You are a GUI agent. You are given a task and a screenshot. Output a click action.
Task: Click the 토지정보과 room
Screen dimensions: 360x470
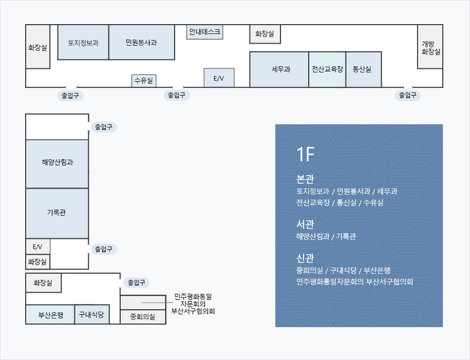click(83, 42)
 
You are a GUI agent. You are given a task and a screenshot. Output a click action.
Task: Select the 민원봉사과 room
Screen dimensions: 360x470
click(141, 42)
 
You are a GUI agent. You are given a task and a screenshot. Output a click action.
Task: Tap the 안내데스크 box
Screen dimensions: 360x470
click(204, 32)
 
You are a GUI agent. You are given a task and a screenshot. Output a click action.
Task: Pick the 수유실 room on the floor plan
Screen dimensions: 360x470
click(144, 81)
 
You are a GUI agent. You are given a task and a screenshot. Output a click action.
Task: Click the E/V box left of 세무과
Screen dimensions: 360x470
click(219, 78)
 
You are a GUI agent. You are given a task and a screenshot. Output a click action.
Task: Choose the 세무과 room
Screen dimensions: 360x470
click(279, 69)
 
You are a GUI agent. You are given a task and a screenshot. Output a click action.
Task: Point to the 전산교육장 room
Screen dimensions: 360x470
click(327, 69)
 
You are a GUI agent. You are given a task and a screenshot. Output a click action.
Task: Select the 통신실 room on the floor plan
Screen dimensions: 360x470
click(363, 69)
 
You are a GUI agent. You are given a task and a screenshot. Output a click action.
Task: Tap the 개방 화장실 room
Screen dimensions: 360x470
click(430, 47)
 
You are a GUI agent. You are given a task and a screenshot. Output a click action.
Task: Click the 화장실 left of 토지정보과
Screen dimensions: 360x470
click(37, 47)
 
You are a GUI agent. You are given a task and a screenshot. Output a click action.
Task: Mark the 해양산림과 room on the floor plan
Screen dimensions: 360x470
click(57, 163)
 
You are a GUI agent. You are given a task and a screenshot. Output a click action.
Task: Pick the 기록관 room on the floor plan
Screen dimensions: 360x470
click(57, 213)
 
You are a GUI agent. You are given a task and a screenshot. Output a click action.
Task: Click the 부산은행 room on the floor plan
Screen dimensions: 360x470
click(50, 315)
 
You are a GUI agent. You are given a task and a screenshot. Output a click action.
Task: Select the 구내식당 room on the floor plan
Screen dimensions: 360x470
click(92, 314)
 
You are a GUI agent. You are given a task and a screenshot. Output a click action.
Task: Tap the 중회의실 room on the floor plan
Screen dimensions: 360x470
click(143, 317)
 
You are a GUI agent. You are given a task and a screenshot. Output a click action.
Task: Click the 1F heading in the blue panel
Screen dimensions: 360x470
click(305, 154)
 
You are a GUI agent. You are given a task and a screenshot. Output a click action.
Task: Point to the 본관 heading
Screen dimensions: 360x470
click(305, 179)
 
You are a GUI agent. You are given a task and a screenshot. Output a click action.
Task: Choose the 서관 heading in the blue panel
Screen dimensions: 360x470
click(305, 224)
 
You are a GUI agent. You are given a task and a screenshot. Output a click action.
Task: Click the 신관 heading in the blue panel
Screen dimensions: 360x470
click(305, 258)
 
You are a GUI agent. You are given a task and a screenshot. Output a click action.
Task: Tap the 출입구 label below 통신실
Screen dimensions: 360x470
click(407, 95)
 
